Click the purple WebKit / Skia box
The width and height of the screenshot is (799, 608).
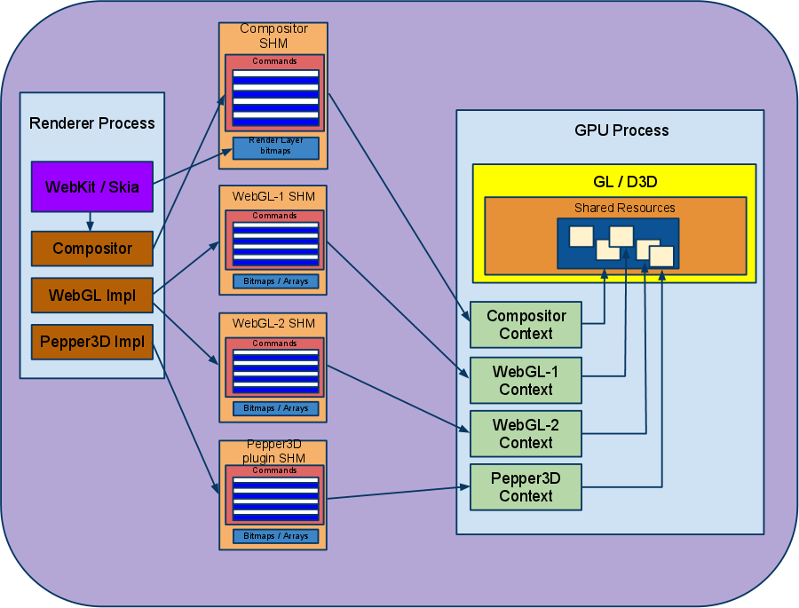[92, 186]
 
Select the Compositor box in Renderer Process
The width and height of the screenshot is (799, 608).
[92, 249]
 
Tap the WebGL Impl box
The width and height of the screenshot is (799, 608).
[92, 296]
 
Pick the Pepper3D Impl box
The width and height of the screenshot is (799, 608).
[92, 342]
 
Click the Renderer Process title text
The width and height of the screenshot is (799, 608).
[92, 123]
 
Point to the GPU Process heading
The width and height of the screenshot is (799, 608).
[621, 130]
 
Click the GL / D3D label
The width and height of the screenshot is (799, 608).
[614, 181]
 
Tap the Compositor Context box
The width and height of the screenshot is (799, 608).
[526, 325]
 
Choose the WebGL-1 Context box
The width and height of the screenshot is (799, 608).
[526, 380]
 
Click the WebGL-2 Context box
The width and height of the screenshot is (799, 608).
[526, 433]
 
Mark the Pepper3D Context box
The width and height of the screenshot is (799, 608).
[526, 486]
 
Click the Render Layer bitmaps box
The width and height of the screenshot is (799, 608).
[275, 147]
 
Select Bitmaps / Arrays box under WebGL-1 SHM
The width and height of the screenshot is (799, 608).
[275, 281]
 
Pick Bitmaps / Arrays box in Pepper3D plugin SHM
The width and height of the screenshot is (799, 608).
[275, 536]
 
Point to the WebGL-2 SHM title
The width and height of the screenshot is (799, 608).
[273, 321]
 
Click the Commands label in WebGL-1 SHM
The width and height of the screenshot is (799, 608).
[274, 216]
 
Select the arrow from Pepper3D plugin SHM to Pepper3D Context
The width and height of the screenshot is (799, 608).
[395, 493]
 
